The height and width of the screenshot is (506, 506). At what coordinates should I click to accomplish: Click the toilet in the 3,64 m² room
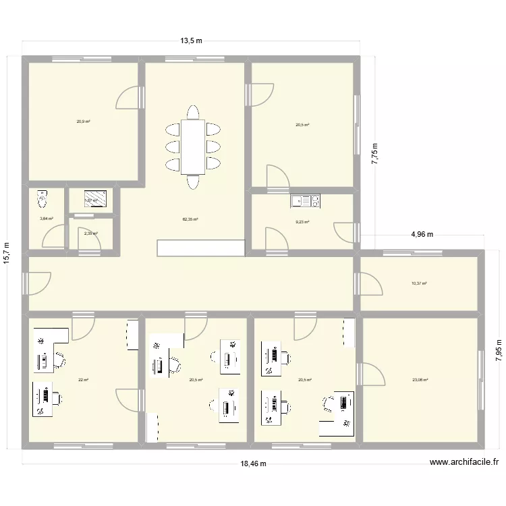tap(44, 199)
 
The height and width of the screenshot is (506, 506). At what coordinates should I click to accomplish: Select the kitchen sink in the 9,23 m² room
tap(306, 200)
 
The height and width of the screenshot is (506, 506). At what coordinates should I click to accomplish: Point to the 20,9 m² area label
tap(83, 121)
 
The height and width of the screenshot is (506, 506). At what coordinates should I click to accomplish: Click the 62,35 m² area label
tap(190, 219)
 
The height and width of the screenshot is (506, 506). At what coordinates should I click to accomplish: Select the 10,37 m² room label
tap(419, 284)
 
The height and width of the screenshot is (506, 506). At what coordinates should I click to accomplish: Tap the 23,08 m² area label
tap(420, 380)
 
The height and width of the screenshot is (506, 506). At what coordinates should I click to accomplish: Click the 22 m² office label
tap(83, 380)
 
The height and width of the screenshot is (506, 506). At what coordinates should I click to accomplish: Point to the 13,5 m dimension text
tap(191, 41)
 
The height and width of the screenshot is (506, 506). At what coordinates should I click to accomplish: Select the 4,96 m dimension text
tap(422, 235)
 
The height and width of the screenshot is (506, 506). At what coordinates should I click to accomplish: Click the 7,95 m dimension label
tap(499, 351)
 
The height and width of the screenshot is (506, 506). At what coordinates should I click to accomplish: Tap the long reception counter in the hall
tap(200, 248)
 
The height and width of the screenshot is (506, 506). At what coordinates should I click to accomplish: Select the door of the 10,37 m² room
tap(370, 283)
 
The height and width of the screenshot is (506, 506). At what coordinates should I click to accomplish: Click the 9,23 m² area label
tap(302, 222)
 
